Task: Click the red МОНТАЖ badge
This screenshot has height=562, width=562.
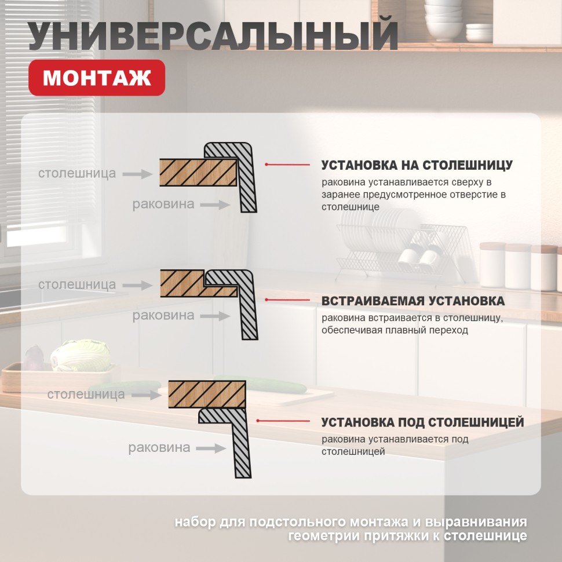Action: point(97,78)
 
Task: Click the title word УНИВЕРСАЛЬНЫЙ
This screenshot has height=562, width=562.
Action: point(213,37)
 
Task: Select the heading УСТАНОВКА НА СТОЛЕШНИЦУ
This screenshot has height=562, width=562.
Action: point(417,165)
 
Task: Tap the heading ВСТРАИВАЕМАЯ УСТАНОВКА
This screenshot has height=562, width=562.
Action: point(413,301)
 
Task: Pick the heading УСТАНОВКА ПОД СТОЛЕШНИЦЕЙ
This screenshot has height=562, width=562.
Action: point(422,422)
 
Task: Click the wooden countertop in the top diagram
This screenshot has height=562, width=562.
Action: point(197,173)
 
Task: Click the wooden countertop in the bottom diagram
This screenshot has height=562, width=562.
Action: point(206,394)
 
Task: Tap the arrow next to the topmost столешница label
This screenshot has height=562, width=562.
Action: point(137,173)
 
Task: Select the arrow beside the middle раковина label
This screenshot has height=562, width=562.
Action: point(217,316)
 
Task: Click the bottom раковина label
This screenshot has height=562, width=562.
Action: point(159,447)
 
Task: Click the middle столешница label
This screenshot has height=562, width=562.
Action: point(77,284)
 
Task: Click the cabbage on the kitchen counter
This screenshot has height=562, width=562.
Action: point(80,355)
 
